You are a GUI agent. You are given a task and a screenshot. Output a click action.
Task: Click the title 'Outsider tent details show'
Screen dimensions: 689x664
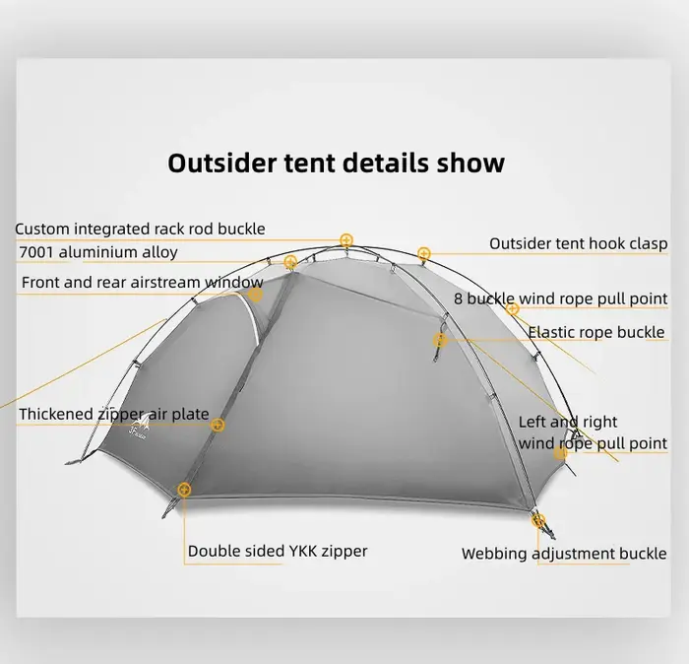(x=337, y=163)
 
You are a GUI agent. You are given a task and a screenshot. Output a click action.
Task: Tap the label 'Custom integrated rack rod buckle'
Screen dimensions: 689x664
(x=140, y=230)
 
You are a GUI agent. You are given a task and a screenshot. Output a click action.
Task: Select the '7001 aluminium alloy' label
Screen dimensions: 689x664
(x=98, y=252)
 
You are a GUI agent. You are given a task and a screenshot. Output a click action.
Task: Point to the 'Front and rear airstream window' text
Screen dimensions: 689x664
(x=143, y=283)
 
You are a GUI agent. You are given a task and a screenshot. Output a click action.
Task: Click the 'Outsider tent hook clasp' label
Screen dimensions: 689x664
(x=579, y=243)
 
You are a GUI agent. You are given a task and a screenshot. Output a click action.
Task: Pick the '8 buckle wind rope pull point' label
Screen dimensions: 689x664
(x=561, y=299)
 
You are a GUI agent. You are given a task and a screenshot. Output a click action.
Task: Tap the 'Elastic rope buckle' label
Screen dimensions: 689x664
(x=596, y=332)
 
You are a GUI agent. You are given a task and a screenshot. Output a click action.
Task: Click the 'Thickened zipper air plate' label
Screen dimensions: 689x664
(x=114, y=414)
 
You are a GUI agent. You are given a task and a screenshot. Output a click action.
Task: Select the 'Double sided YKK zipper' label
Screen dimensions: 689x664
(x=278, y=552)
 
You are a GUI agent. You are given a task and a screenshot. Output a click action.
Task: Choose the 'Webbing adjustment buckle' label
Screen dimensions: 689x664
(x=564, y=554)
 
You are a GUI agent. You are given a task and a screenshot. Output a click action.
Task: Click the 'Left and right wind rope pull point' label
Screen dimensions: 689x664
(x=593, y=432)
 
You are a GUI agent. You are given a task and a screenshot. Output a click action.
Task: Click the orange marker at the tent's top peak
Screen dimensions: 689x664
(x=346, y=240)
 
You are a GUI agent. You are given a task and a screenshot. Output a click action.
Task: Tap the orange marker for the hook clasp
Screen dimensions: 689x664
(x=423, y=254)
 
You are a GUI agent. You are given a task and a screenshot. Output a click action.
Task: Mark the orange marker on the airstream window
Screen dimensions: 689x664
(x=255, y=295)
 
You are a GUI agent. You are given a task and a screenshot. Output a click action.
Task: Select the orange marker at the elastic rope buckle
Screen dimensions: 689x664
(x=440, y=340)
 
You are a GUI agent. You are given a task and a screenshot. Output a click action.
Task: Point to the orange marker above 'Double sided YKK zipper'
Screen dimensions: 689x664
(x=184, y=490)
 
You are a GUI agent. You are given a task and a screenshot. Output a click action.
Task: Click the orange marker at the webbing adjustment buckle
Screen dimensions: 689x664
(x=538, y=520)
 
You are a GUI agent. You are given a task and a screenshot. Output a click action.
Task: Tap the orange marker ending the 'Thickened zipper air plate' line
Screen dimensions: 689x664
(x=218, y=425)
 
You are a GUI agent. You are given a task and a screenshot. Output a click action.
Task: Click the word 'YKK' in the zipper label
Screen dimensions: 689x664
(x=303, y=551)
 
